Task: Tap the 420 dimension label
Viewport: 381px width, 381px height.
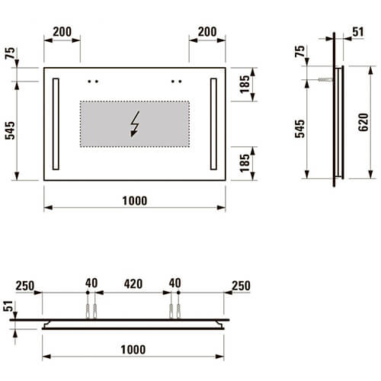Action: click(x=134, y=283)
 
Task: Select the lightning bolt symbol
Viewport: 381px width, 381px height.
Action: click(x=136, y=123)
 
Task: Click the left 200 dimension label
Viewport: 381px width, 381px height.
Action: click(x=62, y=33)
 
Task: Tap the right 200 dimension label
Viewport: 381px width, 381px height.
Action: click(x=207, y=33)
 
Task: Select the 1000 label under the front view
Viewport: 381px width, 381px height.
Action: click(x=134, y=200)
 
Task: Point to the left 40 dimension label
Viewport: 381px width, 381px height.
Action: click(x=91, y=283)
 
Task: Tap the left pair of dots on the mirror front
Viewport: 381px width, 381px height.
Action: click(x=94, y=79)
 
